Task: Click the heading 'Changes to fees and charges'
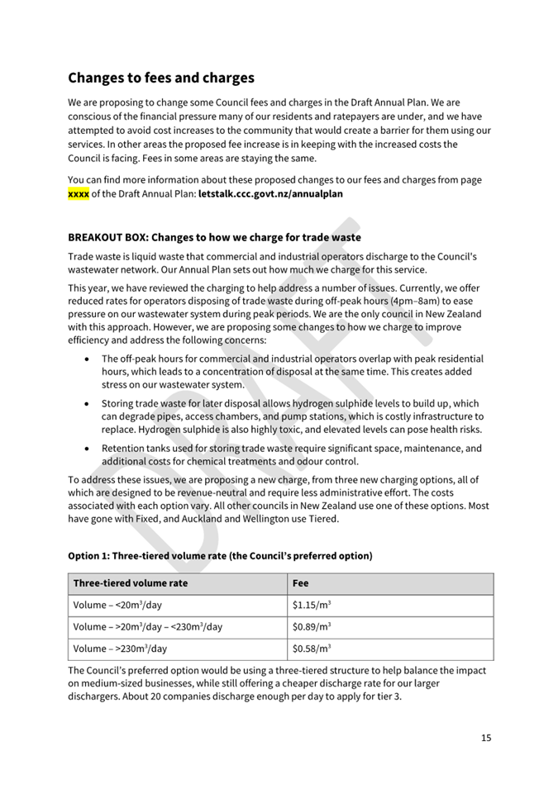[x=160, y=78]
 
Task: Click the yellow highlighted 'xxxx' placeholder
[x=78, y=194]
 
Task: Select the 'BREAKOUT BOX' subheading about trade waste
[x=214, y=237]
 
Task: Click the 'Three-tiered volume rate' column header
[x=131, y=583]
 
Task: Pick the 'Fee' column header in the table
[x=301, y=583]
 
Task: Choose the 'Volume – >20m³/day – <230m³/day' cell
[x=148, y=626]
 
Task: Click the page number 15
[x=486, y=738]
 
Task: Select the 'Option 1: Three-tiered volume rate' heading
[x=220, y=556]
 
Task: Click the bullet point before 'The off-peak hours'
[x=88, y=359]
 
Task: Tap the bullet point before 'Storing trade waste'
[x=88, y=404]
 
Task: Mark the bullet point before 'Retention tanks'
[x=88, y=449]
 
